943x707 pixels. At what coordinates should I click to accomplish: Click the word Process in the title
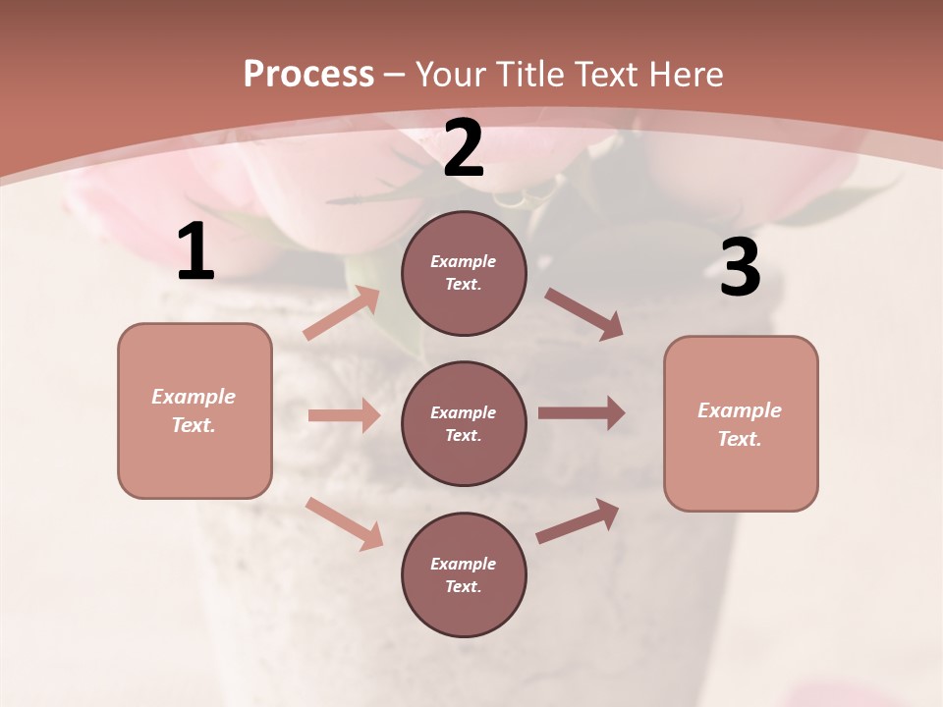coord(308,75)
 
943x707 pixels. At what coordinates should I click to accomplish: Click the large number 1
coord(195,252)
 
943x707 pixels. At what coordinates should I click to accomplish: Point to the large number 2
coord(464,149)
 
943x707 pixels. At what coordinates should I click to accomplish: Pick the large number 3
coord(740,268)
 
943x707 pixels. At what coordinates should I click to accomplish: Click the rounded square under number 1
coord(194,410)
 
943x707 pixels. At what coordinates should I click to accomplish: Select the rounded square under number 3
coord(741,423)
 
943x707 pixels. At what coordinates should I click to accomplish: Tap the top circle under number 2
coord(464,273)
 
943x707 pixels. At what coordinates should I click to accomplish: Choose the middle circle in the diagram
coord(464,423)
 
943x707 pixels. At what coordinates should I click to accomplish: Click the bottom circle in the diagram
coord(464,574)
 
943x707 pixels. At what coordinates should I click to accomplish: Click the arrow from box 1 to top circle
coord(342,312)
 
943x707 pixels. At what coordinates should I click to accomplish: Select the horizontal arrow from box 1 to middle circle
coord(344,415)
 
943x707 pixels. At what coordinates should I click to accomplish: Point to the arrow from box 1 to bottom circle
coord(344,523)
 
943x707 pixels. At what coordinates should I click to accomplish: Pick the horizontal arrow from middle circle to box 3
coord(582,413)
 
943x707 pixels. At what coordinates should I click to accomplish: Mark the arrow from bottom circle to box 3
coord(578,521)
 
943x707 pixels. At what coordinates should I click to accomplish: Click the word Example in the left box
coord(194,397)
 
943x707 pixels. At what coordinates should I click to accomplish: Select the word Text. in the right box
coord(740,439)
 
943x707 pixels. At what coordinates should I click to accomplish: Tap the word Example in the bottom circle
coord(464,564)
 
